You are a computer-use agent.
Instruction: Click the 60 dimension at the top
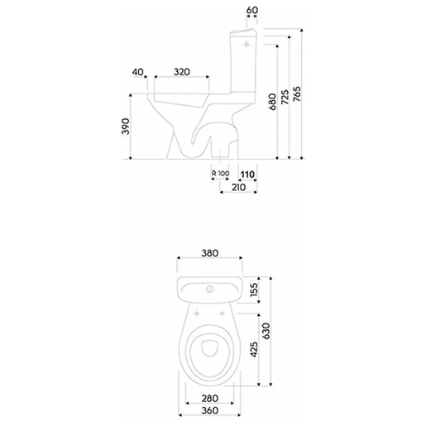[x=252, y=10]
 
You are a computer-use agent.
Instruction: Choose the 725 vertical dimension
[x=285, y=98]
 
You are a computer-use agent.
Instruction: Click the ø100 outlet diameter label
[x=220, y=173]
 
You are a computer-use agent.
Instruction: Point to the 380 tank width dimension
[x=209, y=254]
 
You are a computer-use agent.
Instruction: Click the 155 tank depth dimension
[x=254, y=290]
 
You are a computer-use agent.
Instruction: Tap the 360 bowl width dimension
[x=208, y=410]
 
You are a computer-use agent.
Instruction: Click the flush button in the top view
[x=210, y=290]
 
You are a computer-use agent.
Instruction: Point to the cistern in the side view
[x=245, y=62]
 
